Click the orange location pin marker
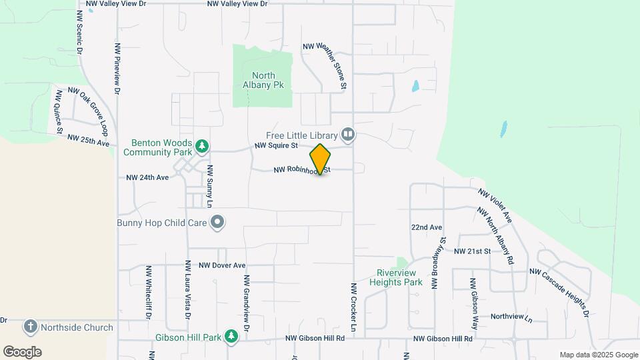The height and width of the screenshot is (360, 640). (x=320, y=159)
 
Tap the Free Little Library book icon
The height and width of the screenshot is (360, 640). (x=347, y=135)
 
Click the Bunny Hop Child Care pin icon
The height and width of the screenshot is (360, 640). (x=217, y=223)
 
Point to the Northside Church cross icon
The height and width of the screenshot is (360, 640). (x=30, y=327)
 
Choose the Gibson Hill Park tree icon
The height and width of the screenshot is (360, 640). (x=231, y=337)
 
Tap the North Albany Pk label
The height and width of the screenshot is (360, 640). (x=263, y=81)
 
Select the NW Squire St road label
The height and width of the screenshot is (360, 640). (x=275, y=145)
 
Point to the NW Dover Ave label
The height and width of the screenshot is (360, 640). (x=222, y=265)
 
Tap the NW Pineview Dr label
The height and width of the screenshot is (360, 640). (x=118, y=68)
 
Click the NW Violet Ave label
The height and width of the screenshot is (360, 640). (x=495, y=205)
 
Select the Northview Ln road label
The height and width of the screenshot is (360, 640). (x=511, y=318)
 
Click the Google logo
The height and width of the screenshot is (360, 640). (x=22, y=351)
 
